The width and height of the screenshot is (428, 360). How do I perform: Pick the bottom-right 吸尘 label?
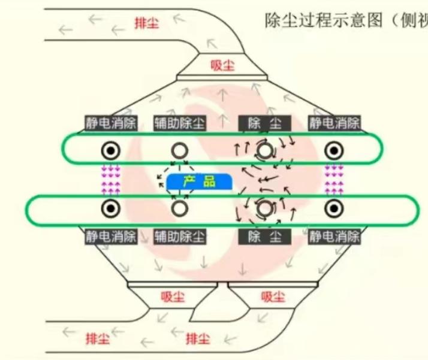click(x=273, y=296)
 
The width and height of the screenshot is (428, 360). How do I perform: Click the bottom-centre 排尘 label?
click(x=198, y=338)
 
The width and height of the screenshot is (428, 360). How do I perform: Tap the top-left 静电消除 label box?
click(x=111, y=123)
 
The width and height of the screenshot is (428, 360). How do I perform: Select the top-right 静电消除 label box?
click(x=334, y=123)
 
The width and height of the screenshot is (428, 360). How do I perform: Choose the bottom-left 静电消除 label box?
click(x=111, y=236)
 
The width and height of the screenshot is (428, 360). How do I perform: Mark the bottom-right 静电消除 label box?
click(x=334, y=236)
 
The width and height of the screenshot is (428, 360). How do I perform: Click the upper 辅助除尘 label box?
click(x=179, y=123)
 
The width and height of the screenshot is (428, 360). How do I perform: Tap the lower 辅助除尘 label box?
click(x=179, y=236)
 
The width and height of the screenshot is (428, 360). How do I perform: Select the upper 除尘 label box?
click(x=264, y=123)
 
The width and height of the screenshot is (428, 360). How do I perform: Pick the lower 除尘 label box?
click(x=264, y=236)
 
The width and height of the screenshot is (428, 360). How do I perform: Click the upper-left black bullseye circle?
click(x=111, y=150)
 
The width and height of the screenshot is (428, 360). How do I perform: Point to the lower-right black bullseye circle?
click(x=333, y=208)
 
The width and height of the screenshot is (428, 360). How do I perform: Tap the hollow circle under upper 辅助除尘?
click(x=179, y=150)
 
